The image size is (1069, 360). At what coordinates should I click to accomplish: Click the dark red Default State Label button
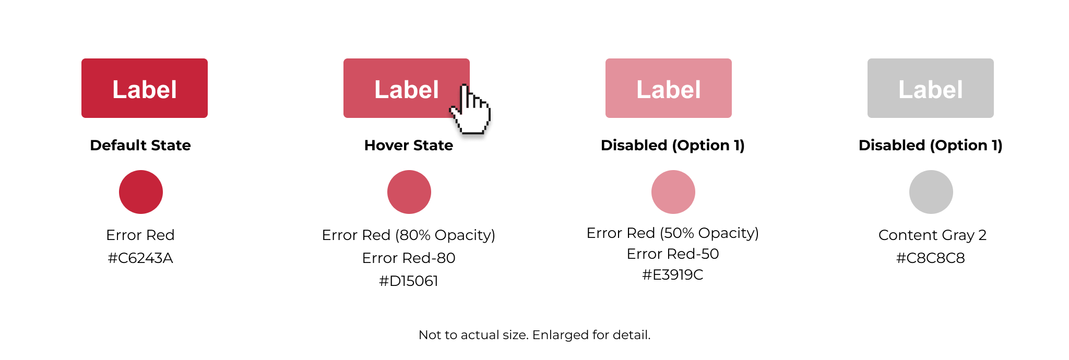point(145,88)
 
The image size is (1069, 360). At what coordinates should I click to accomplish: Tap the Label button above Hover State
point(407,88)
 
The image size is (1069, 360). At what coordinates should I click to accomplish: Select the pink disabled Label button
point(669,88)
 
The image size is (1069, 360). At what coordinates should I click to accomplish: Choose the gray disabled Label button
point(931,88)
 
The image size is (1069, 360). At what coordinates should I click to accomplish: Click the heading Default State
point(140,145)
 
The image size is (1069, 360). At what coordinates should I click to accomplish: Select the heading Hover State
point(409,145)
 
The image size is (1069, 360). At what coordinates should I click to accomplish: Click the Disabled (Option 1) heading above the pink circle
point(673,145)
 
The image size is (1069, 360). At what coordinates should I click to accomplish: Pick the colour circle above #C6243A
point(141,192)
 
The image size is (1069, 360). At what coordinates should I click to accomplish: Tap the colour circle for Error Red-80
point(409,192)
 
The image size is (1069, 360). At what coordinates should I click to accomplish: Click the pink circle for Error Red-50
point(673,192)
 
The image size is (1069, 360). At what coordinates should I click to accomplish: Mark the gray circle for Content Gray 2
point(931,192)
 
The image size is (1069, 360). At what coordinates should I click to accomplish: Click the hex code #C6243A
point(140,258)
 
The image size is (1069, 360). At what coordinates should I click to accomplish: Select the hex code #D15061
point(409,281)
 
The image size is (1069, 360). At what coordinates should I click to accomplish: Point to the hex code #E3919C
point(673,275)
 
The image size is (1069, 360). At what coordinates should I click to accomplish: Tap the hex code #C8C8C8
point(931,258)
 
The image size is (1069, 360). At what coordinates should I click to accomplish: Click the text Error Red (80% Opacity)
point(409,235)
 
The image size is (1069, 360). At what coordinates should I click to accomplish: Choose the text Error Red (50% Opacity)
point(673,233)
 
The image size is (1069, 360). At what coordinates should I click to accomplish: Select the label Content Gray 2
point(932,235)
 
